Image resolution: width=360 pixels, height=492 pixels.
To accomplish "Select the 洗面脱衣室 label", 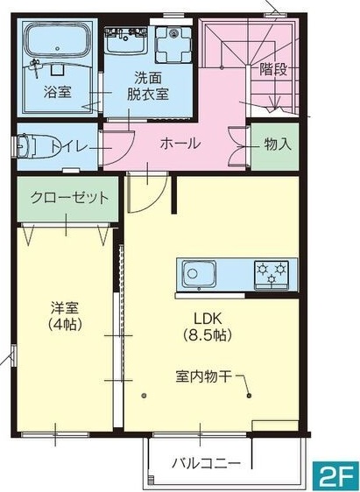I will click(x=147, y=85).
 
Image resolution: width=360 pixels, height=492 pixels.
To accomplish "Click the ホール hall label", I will click(x=180, y=144).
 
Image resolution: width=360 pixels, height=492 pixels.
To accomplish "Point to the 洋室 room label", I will click(x=64, y=308).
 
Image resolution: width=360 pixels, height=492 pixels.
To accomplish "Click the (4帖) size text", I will click(x=64, y=325).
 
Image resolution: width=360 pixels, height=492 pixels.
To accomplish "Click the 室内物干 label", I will click(x=203, y=377).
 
